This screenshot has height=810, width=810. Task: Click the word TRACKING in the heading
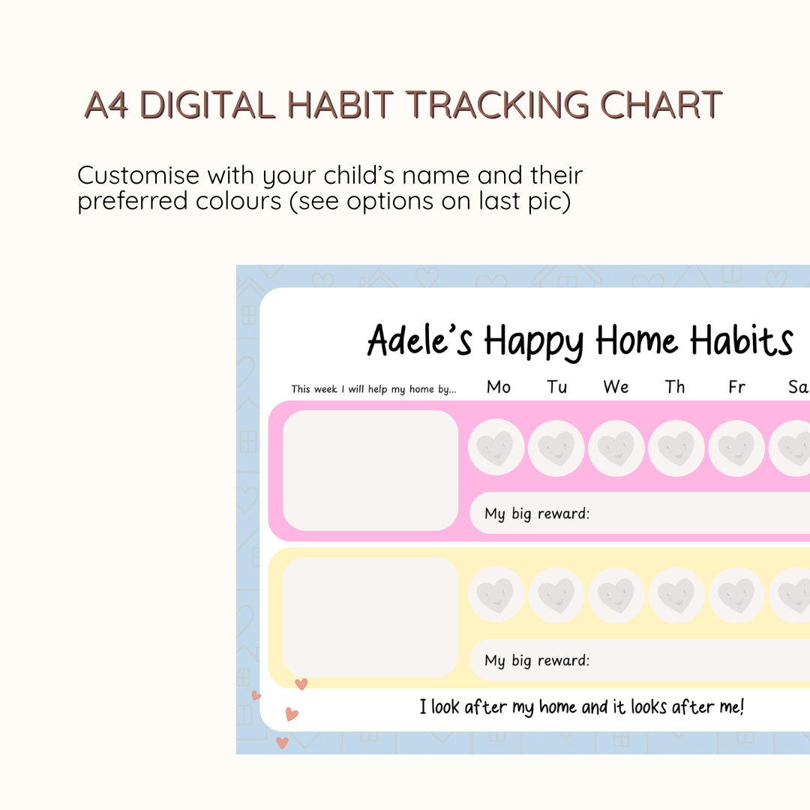[497, 105]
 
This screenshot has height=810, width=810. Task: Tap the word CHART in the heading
[661, 105]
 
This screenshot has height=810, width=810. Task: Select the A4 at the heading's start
[106, 105]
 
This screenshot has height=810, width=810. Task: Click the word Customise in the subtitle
[138, 175]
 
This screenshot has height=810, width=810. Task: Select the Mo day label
[499, 387]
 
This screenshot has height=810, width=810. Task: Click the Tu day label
[556, 387]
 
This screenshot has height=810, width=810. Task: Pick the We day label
[616, 387]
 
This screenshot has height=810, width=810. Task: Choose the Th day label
[675, 387]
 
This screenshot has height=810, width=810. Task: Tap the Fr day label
[736, 387]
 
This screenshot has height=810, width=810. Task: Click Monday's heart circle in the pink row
[496, 447]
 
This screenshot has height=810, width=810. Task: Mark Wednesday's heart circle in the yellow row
[616, 595]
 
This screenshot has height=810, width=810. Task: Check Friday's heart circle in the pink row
[736, 447]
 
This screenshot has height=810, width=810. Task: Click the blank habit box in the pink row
[370, 470]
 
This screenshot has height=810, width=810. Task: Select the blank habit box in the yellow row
[370, 617]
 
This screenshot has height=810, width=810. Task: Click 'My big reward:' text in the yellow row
[537, 661]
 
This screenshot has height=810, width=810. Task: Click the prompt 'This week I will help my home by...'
[373, 389]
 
